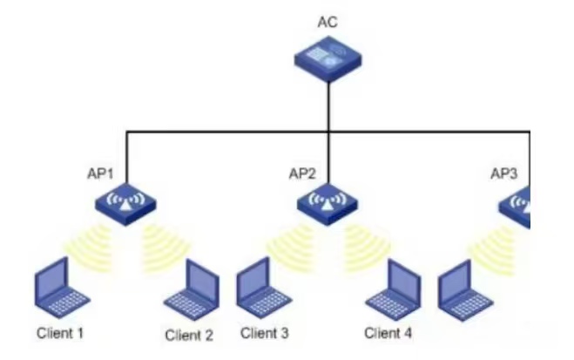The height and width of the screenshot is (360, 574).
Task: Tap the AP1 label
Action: (101, 173)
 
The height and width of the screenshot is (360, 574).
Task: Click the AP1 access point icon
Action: (126, 204)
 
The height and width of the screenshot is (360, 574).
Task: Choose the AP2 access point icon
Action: (328, 204)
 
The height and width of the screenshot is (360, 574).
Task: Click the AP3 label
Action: (504, 173)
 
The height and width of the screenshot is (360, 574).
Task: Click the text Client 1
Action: (60, 333)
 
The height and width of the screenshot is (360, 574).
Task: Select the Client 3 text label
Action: (264, 332)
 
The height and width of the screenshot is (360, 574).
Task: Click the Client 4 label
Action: (388, 332)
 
